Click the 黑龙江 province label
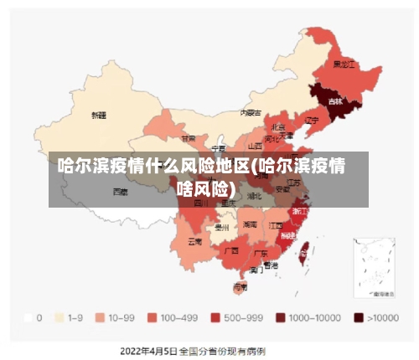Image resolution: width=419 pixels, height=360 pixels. click(x=344, y=64)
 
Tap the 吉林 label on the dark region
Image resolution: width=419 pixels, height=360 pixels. click(x=335, y=101)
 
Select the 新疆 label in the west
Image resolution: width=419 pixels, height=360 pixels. click(x=99, y=115)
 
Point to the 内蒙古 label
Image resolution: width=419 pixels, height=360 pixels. click(x=251, y=112)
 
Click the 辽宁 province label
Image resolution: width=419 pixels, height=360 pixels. click(x=312, y=120)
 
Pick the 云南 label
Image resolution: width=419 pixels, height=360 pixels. click(x=194, y=241)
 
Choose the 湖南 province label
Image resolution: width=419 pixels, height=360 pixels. click(x=250, y=224)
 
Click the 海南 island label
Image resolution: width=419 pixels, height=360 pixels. click(x=241, y=286)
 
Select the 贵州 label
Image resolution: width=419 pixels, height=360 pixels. click(x=221, y=227)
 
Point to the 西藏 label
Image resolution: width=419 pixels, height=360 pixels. click(x=121, y=192)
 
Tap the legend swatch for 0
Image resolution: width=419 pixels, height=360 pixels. click(x=29, y=317)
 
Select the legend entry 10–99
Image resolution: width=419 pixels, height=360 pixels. click(x=116, y=317)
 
